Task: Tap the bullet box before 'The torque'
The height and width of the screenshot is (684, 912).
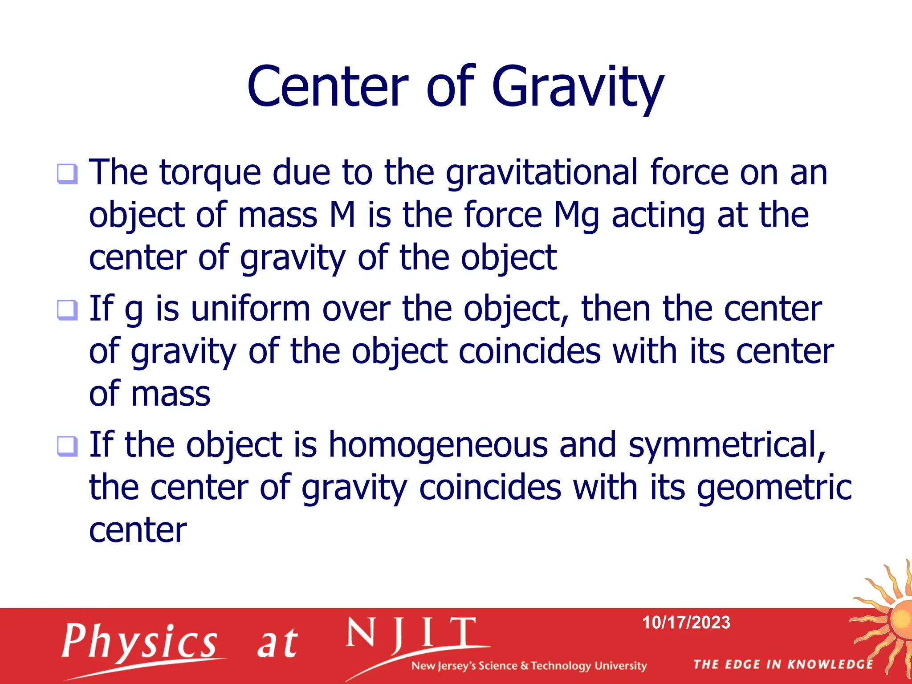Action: [67, 174]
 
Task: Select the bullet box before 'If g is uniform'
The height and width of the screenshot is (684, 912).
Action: [67, 310]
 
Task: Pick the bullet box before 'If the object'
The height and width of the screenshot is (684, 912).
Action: [67, 446]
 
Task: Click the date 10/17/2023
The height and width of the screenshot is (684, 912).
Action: [686, 623]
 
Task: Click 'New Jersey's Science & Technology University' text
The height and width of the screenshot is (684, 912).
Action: [529, 666]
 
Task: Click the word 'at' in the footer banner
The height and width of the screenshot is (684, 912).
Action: [277, 644]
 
